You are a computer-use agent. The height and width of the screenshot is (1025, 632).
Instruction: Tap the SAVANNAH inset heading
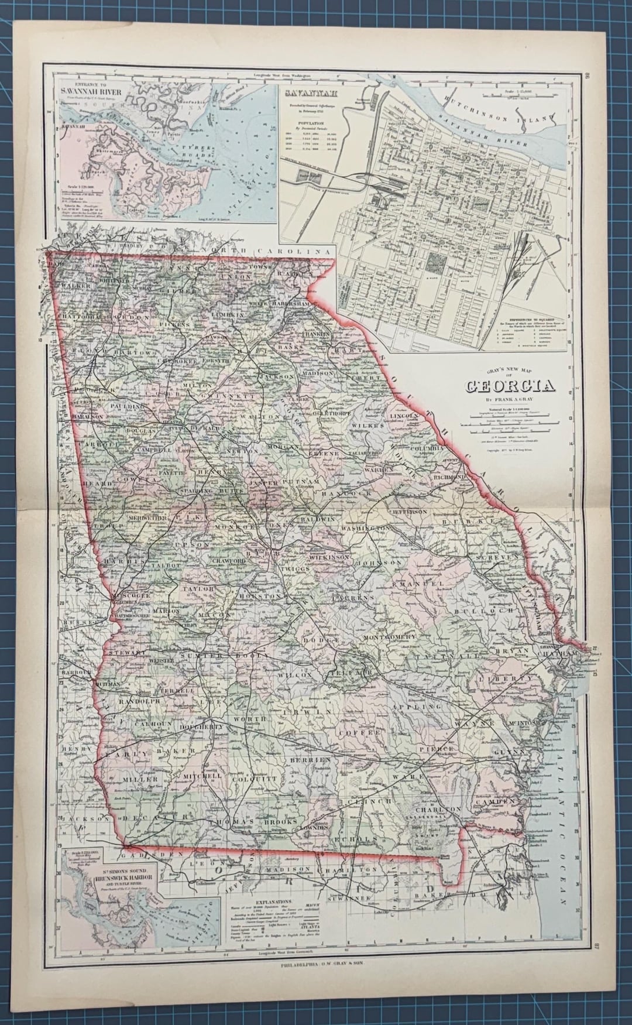(x=303, y=92)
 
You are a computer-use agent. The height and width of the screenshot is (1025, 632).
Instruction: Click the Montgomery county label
(x=390, y=637)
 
